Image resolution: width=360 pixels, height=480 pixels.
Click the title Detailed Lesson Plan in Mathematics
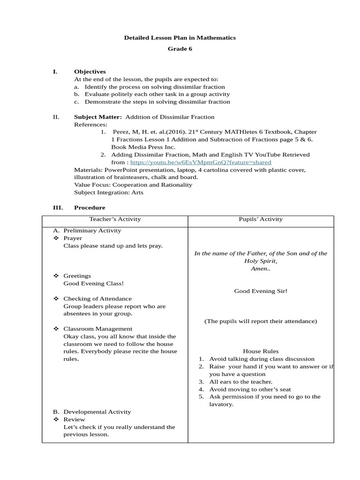tap(180, 37)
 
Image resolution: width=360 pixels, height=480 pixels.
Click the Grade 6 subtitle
tap(180, 49)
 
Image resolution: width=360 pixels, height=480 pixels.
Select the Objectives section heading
tap(90, 72)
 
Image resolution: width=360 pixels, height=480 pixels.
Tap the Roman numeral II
tap(55, 117)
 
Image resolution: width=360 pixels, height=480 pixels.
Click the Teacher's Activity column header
tap(115, 219)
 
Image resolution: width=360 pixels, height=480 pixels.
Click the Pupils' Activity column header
tap(261, 219)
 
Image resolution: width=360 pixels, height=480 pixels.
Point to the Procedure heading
tap(90, 208)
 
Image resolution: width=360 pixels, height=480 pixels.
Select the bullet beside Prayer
tap(55, 238)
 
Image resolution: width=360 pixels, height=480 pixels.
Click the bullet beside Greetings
tap(55, 276)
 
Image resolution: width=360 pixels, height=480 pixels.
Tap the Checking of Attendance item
tap(97, 299)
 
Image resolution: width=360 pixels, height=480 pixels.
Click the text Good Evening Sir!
tap(261, 291)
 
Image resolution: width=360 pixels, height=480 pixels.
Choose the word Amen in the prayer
tap(259, 269)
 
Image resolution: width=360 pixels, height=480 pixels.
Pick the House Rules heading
tap(261, 351)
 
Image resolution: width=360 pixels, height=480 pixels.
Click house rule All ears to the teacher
tap(240, 382)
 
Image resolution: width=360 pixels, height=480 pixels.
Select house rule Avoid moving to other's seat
tap(250, 389)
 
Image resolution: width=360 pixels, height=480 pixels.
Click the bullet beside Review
tap(55, 420)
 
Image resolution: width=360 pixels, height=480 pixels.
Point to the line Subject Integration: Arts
tap(109, 192)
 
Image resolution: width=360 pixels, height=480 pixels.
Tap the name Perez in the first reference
tap(120, 132)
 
